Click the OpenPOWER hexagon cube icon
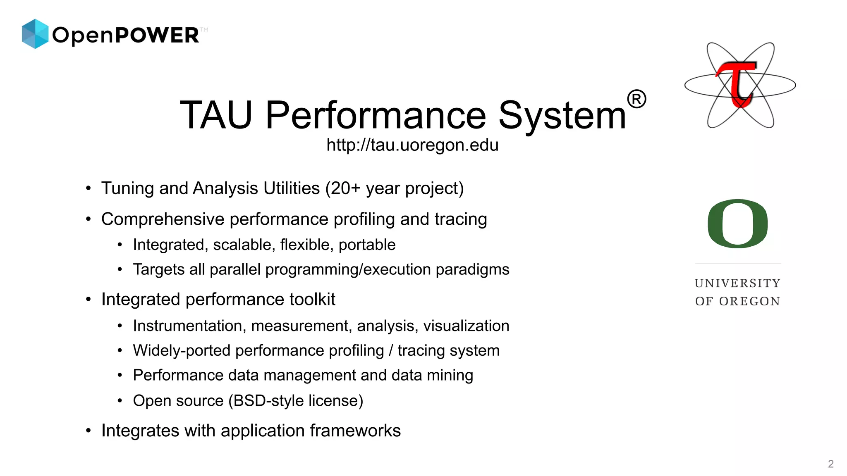point(35,34)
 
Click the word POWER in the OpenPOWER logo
point(157,36)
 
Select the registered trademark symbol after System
point(636,100)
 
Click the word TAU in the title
point(216,115)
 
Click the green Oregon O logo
point(738,224)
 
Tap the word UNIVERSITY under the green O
point(738,283)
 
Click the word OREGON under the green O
point(749,302)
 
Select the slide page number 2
point(830,464)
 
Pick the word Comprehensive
point(163,219)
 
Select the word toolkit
point(312,300)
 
